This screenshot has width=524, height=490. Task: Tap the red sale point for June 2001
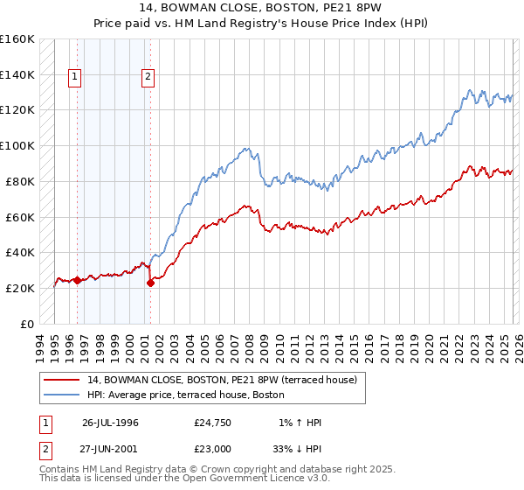click(150, 283)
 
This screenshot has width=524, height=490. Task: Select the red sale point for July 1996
click(77, 280)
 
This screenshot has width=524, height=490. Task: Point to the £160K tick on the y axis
click(17, 39)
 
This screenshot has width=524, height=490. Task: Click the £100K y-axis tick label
click(17, 145)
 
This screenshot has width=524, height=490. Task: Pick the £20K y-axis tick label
click(21, 288)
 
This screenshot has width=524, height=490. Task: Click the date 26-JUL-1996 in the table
click(110, 423)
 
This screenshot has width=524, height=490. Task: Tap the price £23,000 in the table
click(213, 448)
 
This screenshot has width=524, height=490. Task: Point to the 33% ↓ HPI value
click(297, 448)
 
